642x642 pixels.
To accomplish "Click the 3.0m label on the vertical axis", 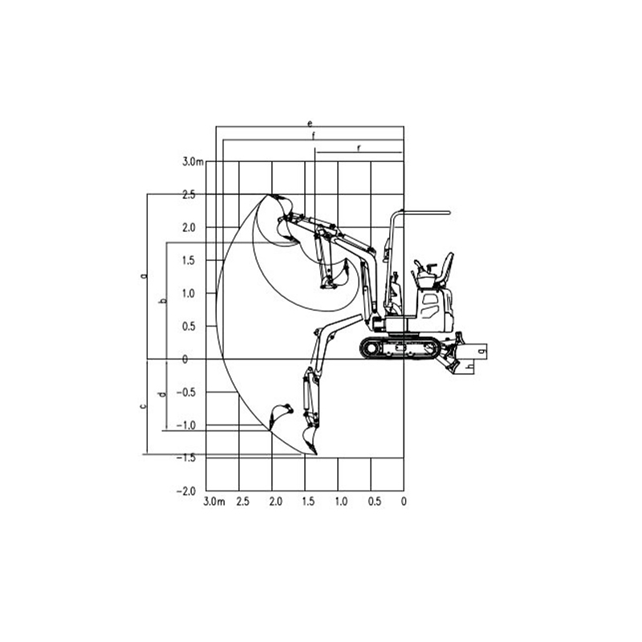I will click(193, 162).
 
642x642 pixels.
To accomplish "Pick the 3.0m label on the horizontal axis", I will click(213, 502).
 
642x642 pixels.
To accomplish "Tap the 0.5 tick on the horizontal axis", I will click(374, 502).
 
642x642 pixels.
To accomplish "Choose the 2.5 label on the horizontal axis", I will click(242, 502).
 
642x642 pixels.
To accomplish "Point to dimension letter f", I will click(314, 136).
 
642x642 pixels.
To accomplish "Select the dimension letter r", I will click(358, 148).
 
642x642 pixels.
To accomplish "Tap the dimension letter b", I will click(162, 300).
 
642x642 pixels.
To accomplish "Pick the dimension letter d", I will click(162, 394).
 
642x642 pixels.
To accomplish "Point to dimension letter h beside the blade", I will click(469, 365).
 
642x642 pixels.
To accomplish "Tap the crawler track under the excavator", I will click(400, 347).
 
